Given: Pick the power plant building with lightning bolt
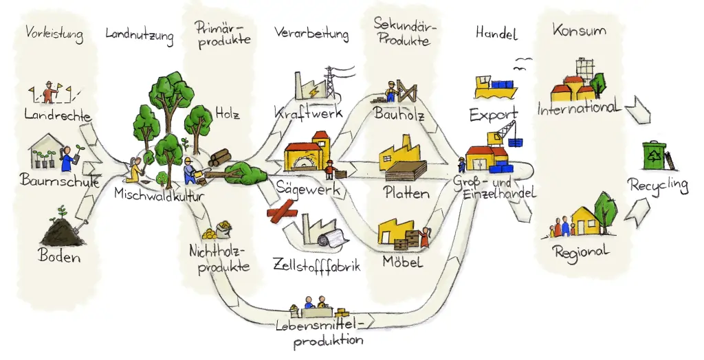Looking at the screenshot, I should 309,88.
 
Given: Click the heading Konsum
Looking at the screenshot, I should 579,31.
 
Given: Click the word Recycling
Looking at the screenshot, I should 658,185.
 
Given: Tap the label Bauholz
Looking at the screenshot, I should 399,114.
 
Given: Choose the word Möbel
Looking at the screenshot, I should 403,262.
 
